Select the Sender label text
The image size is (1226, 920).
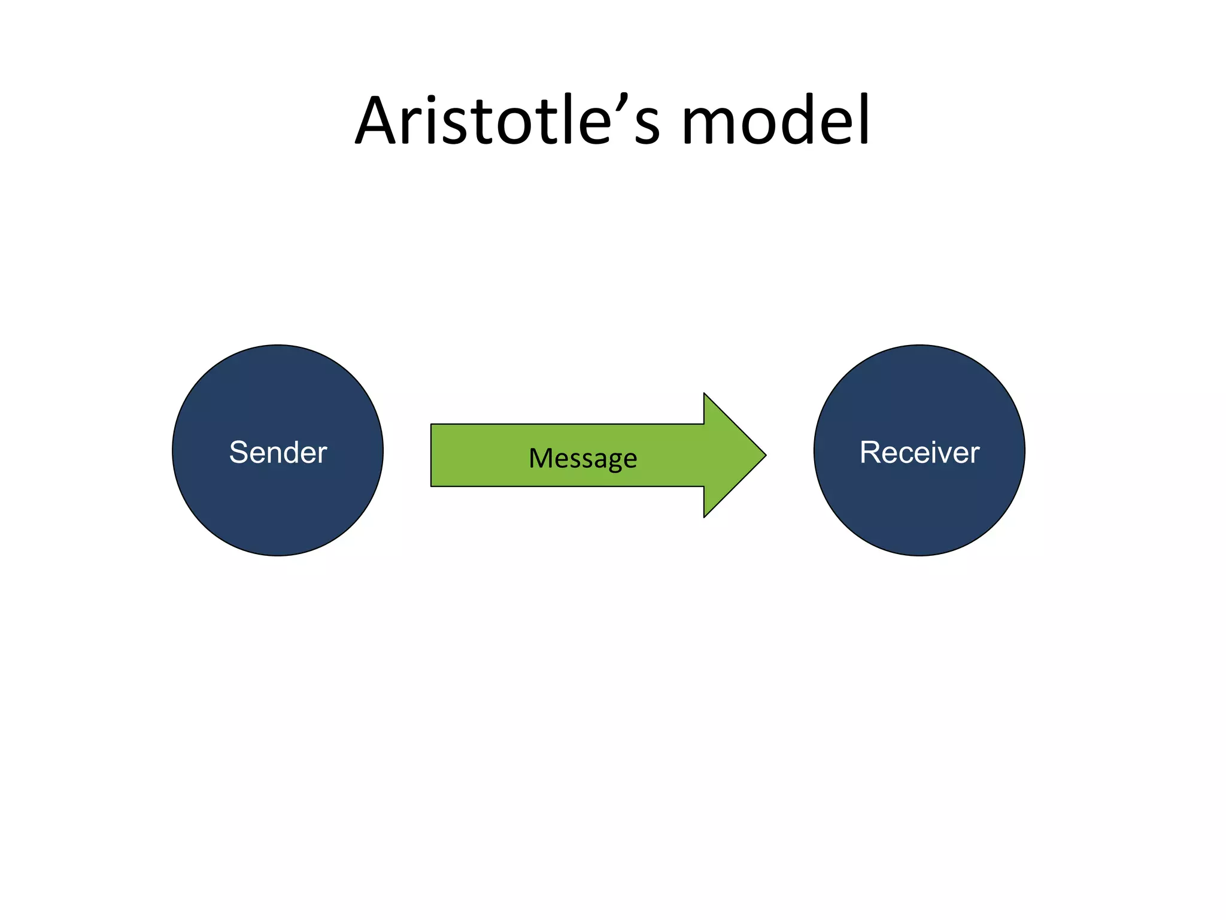(x=278, y=452)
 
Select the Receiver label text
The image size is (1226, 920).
(x=919, y=452)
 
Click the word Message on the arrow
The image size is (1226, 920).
(x=582, y=459)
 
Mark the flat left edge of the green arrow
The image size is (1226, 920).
(x=432, y=455)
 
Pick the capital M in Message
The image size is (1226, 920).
(x=541, y=458)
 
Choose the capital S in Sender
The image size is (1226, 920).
(x=239, y=452)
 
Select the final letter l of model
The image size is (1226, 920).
(x=863, y=120)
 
